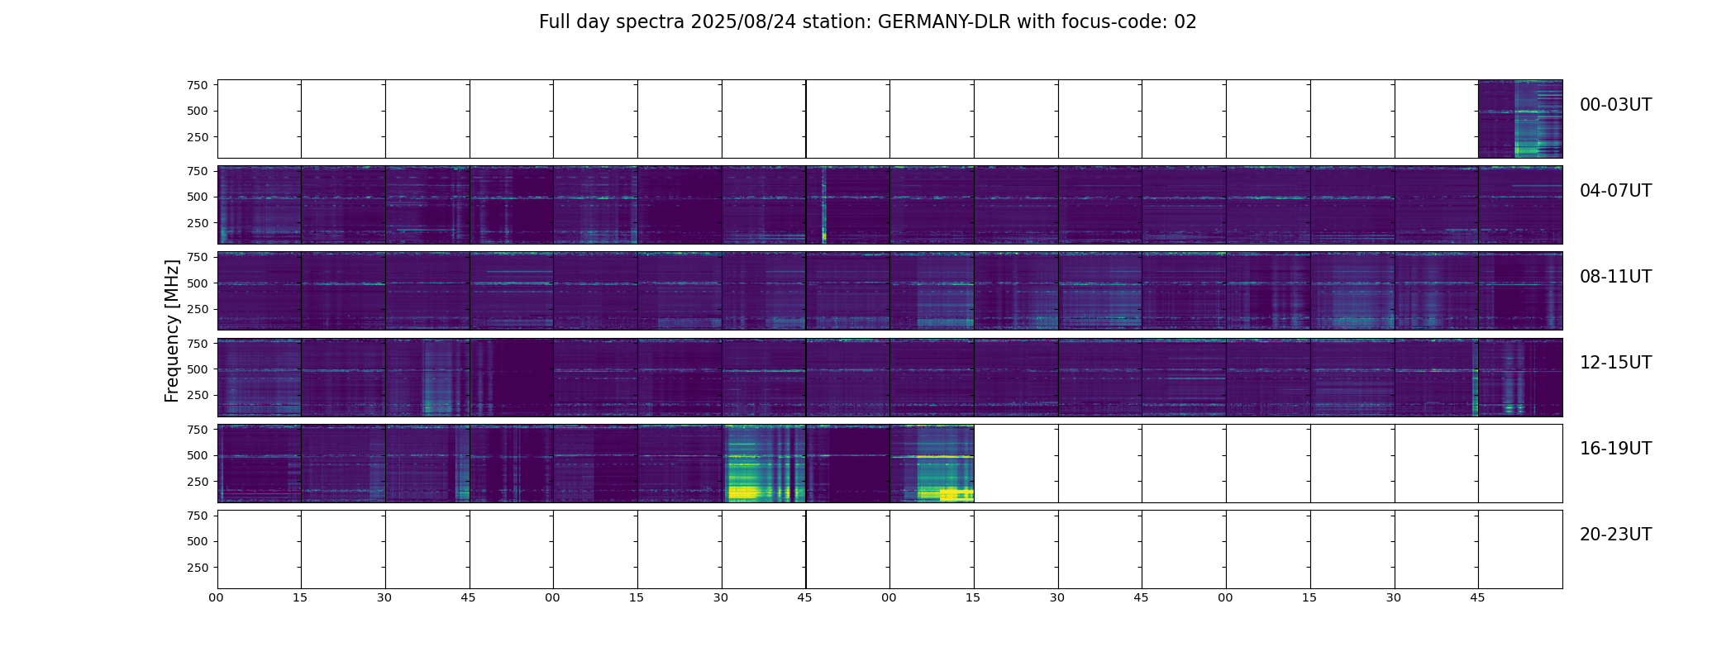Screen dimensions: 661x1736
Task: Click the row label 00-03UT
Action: (x=1615, y=105)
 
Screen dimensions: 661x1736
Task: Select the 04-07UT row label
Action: (x=1615, y=191)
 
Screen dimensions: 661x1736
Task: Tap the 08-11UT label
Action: (x=1615, y=277)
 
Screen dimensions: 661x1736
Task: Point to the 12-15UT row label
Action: (x=1615, y=363)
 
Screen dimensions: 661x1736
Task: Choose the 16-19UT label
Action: (x=1615, y=449)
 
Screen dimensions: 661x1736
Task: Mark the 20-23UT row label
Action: (x=1615, y=535)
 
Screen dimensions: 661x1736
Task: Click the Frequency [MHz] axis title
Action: (x=172, y=330)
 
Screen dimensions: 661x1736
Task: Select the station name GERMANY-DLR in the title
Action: (x=944, y=22)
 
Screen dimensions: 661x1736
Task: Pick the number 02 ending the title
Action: (x=1185, y=22)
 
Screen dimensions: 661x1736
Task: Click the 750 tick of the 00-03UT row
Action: (x=197, y=85)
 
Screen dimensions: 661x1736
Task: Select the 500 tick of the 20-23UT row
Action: (x=197, y=541)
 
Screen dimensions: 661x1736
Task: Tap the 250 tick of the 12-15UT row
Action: (x=197, y=396)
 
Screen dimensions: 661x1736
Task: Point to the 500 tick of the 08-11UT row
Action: (x=197, y=283)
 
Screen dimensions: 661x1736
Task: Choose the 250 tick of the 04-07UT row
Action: (x=197, y=223)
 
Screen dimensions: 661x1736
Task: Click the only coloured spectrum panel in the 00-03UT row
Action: (x=1520, y=119)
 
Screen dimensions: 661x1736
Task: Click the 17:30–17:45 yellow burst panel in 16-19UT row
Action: (x=764, y=464)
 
